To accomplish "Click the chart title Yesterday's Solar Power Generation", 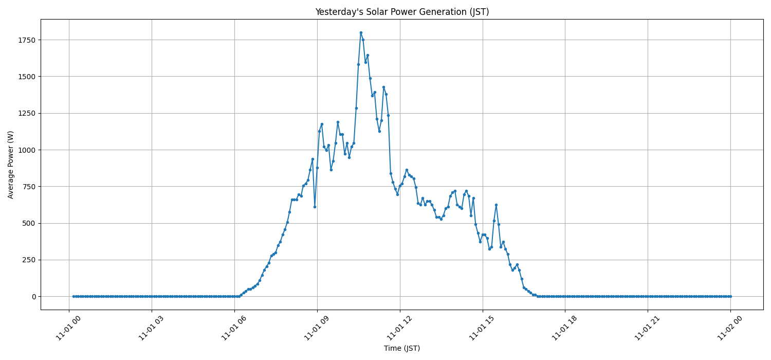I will [402, 12].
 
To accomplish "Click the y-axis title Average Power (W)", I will [11, 165].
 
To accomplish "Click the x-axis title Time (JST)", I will [402, 348].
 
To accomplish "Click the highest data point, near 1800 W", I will [361, 32].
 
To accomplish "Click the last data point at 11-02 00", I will [730, 296].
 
